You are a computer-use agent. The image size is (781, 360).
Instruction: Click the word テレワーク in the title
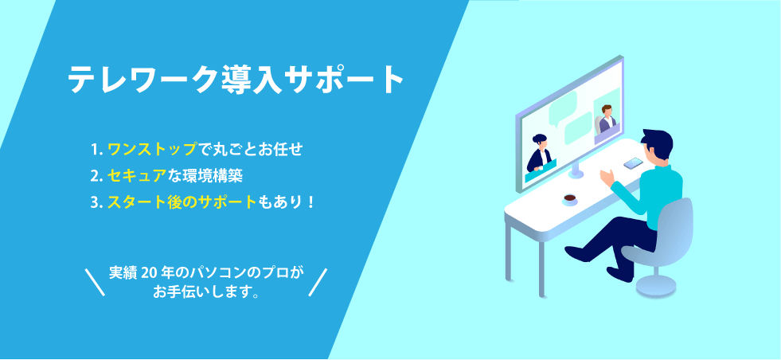tap(143, 79)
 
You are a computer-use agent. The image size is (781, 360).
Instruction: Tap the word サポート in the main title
tap(344, 79)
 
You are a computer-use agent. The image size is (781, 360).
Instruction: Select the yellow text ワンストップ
tap(152, 149)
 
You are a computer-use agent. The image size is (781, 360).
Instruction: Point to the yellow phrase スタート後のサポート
tap(182, 202)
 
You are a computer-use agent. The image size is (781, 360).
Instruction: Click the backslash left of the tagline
tap(95, 282)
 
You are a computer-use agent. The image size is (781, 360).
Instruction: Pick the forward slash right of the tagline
tap(318, 282)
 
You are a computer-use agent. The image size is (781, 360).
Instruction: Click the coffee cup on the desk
tap(570, 200)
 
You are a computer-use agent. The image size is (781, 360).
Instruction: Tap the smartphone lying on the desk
tap(633, 163)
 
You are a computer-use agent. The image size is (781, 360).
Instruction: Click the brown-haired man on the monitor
tap(607, 119)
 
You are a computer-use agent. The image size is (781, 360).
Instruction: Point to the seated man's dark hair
tap(657, 141)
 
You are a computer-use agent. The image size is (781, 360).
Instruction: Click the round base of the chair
tap(656, 286)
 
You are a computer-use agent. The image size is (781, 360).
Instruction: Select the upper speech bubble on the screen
tap(562, 107)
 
